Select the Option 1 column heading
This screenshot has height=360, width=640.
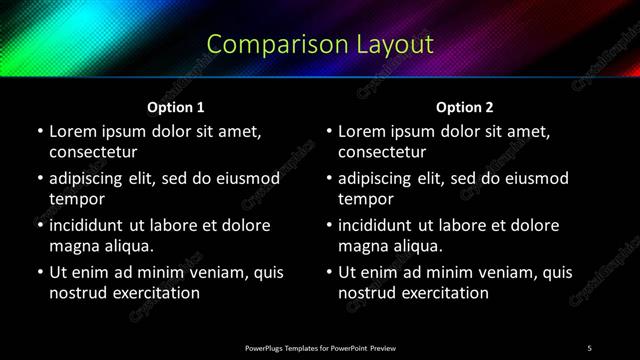176,107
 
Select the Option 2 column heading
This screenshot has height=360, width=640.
465,107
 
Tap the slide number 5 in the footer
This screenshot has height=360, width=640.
589,347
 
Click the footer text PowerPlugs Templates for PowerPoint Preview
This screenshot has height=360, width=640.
320,347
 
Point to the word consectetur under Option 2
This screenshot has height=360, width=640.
383,152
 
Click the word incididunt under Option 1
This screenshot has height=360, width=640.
90,225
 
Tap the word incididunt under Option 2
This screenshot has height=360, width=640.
380,225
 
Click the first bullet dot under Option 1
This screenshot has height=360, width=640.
39,132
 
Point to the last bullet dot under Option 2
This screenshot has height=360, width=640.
329,272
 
